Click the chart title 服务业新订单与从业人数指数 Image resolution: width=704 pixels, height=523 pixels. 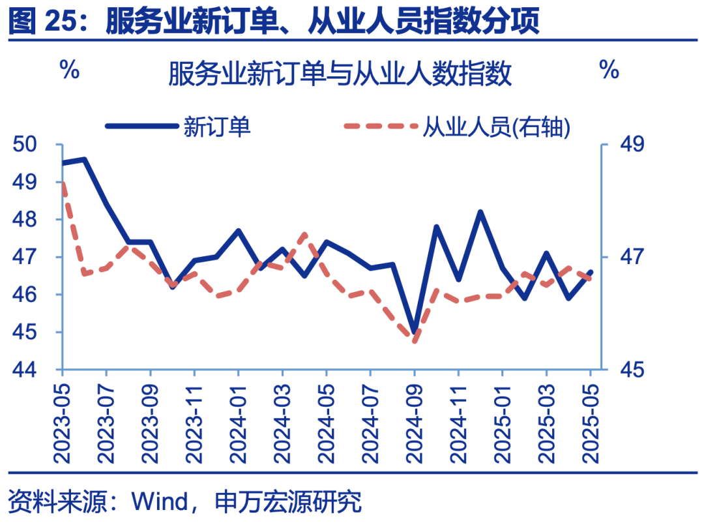(340, 74)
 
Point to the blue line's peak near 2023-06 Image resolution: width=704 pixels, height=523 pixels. (84, 159)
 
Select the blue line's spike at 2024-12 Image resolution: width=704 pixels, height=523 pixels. (480, 212)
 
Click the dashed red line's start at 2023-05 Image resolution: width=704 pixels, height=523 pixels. (63, 183)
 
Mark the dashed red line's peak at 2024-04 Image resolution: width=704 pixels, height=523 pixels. (304, 233)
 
